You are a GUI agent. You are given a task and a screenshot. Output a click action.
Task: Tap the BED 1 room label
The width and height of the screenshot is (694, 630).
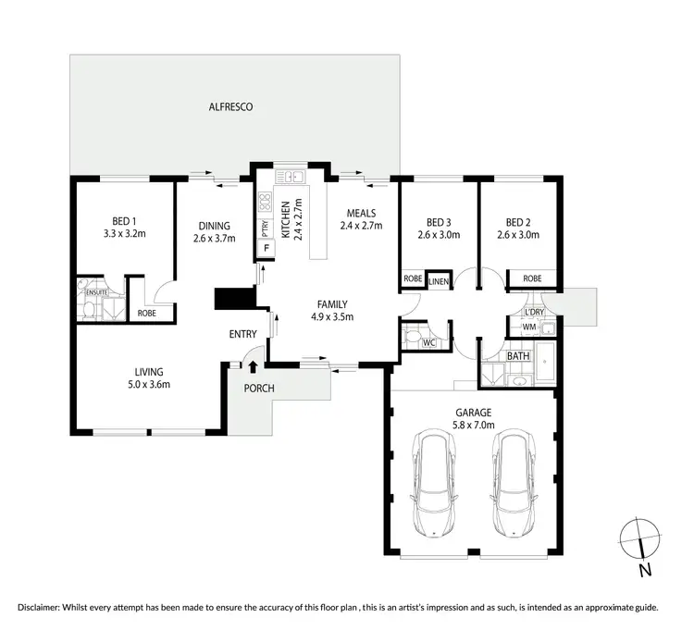(x=124, y=221)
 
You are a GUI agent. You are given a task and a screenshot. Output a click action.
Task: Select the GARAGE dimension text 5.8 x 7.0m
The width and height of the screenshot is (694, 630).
(x=473, y=426)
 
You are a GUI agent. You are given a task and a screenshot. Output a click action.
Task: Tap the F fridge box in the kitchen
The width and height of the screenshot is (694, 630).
(x=266, y=248)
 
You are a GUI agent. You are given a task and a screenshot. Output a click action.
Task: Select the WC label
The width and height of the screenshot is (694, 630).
(x=428, y=342)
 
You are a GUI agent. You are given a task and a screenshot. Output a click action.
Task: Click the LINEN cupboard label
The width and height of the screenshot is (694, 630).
(x=439, y=279)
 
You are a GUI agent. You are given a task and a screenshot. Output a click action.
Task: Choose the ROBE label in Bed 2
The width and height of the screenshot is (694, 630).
(x=532, y=278)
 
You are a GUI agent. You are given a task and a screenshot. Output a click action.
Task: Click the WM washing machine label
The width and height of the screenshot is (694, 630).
(x=529, y=327)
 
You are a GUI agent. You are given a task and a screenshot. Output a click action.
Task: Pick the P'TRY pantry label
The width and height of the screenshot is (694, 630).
(x=265, y=224)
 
